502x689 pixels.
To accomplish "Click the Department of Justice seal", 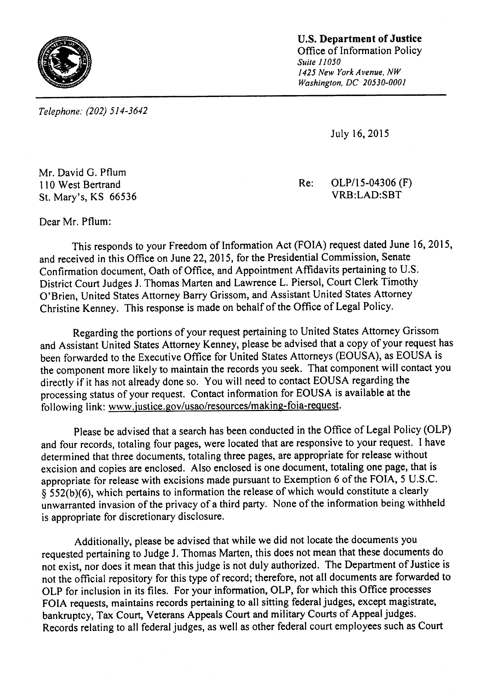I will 65,62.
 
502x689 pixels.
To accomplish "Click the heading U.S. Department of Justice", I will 359,39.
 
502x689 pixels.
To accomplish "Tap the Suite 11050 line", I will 319,62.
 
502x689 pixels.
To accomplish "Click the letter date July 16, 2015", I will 360,134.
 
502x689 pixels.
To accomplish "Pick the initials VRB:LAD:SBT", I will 366,195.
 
